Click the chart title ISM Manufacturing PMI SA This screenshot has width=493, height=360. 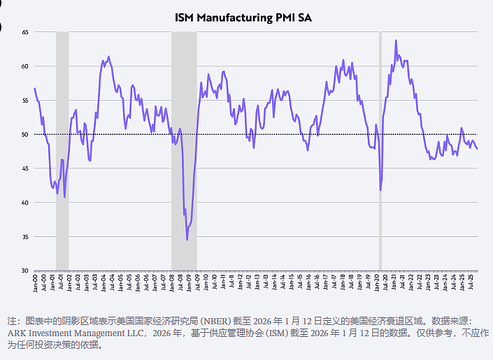[243, 17]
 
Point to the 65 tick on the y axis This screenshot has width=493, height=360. [25, 32]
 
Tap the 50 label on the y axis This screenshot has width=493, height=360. [25, 135]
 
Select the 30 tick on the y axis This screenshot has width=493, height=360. [25, 271]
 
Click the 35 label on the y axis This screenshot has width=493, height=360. [25, 237]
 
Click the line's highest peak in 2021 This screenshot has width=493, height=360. [396, 41]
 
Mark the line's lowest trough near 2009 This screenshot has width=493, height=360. [187, 240]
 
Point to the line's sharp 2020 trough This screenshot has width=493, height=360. [380, 190]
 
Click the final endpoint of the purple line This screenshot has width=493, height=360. [478, 149]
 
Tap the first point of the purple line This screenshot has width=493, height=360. [34, 88]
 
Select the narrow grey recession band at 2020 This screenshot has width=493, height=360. [380, 151]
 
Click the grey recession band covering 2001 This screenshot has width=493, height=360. [62, 151]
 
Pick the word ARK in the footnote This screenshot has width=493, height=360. [15, 333]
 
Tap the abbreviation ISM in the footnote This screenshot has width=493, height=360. [277, 333]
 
